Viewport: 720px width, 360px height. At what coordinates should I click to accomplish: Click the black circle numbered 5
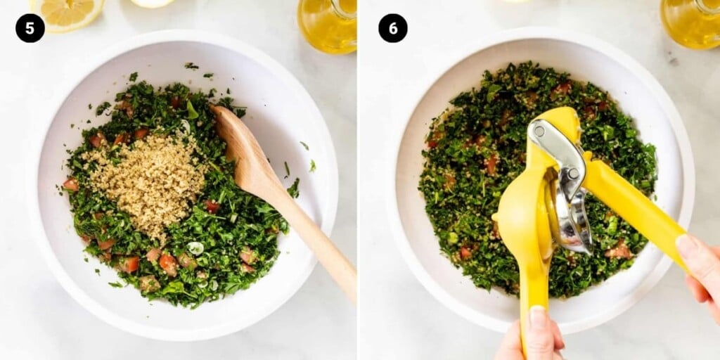pyautogui.click(x=30, y=28)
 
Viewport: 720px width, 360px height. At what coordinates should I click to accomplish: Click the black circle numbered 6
pyautogui.click(x=392, y=28)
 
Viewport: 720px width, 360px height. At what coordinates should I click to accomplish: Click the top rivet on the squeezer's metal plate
pyautogui.click(x=539, y=131)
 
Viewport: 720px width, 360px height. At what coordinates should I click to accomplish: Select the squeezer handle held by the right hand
pyautogui.click(x=636, y=202)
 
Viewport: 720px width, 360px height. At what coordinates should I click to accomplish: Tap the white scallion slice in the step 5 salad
pyautogui.click(x=195, y=248)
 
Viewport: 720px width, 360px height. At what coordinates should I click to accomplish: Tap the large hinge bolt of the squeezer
pyautogui.click(x=572, y=174)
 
